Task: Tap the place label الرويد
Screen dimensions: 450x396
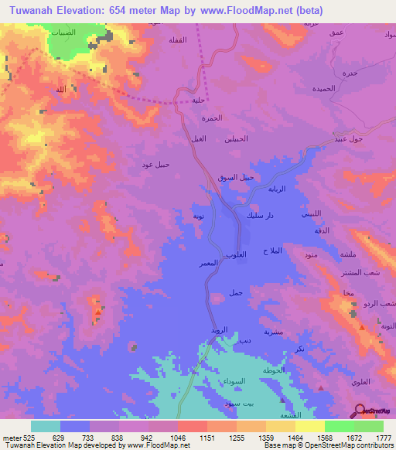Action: click(220, 331)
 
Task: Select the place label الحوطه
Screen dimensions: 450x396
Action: click(273, 370)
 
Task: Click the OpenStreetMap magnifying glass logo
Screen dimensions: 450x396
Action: click(359, 410)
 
